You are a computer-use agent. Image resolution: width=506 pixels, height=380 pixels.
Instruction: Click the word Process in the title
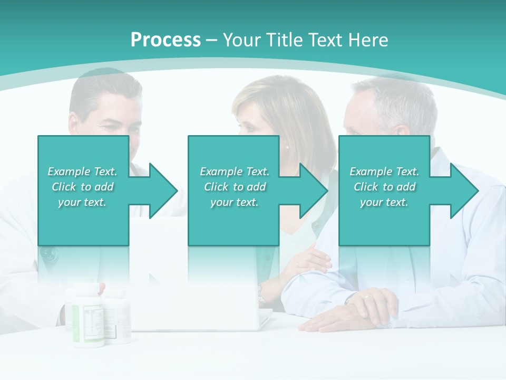coord(166,40)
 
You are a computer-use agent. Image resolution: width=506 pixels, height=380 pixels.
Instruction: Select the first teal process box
coord(83,158)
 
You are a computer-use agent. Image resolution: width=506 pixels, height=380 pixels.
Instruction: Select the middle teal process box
coord(233,158)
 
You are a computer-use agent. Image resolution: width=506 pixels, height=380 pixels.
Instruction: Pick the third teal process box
coord(384,158)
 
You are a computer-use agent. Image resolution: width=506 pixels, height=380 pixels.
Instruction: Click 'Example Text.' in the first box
coord(82,172)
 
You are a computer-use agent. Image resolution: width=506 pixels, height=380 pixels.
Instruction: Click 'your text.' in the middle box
coord(234,202)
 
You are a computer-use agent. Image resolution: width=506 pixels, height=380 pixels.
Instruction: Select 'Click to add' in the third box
coord(384,187)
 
